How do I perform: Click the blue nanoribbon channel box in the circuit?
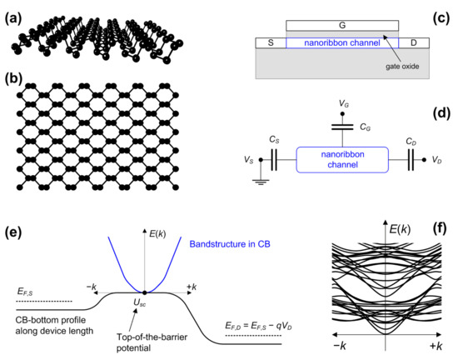coord(342,157)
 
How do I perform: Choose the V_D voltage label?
coord(437,158)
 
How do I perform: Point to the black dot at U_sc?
coord(145,292)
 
